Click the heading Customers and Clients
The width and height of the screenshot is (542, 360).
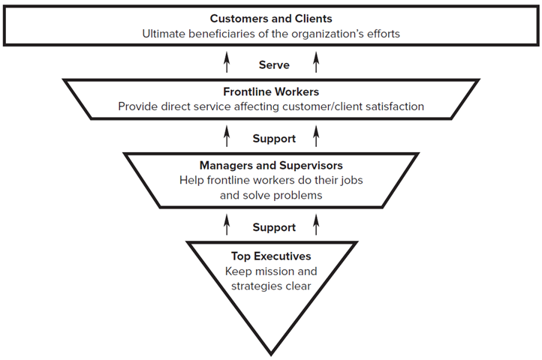tap(271, 18)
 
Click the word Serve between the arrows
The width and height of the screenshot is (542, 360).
tap(274, 65)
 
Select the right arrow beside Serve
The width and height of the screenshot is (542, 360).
tap(316, 63)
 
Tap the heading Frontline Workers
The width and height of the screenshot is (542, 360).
tap(271, 91)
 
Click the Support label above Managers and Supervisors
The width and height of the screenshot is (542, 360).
tap(274, 139)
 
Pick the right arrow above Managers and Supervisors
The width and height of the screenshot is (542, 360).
tap(316, 136)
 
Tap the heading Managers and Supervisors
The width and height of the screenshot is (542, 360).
tap(271, 165)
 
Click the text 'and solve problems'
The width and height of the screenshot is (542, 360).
tap(271, 195)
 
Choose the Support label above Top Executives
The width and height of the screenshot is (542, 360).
tap(274, 227)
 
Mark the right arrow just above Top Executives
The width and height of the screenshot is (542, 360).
tap(316, 224)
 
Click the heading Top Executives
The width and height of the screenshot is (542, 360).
tap(271, 256)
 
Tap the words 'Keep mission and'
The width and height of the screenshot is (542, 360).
tap(271, 271)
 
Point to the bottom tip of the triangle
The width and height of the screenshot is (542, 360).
tap(271, 352)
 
